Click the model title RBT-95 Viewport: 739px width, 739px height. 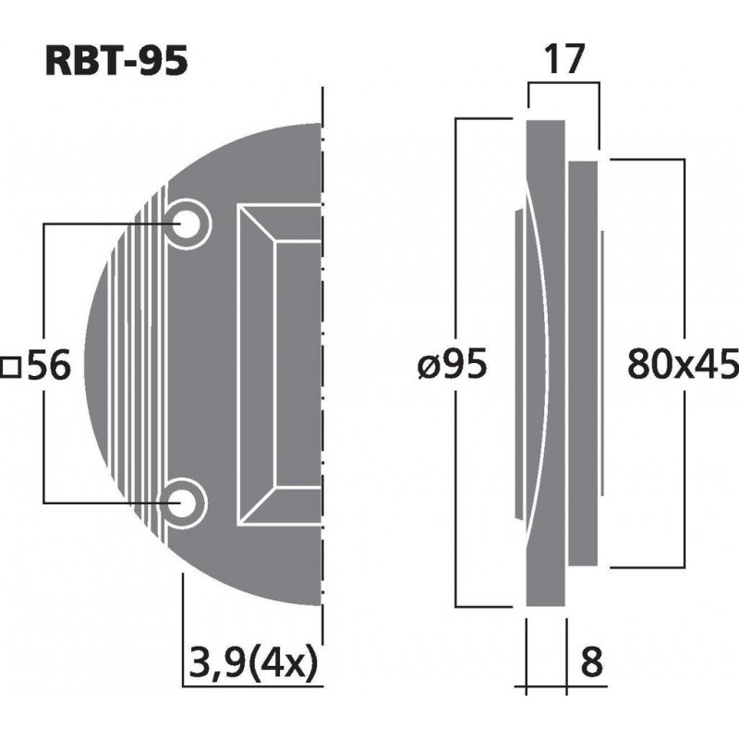116,61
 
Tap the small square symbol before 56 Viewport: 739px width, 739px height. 11,368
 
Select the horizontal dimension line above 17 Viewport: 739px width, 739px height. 563,83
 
